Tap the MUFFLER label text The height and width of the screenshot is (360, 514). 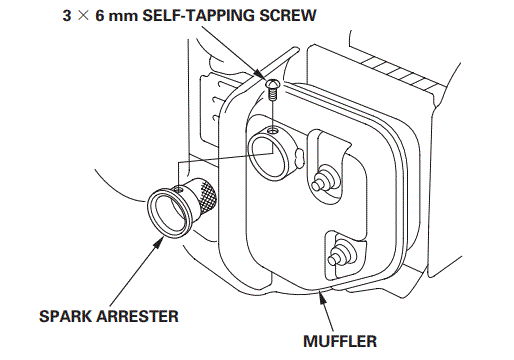point(340,341)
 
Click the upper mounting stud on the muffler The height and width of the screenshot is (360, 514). point(323,181)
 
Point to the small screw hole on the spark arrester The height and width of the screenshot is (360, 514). point(178,189)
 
